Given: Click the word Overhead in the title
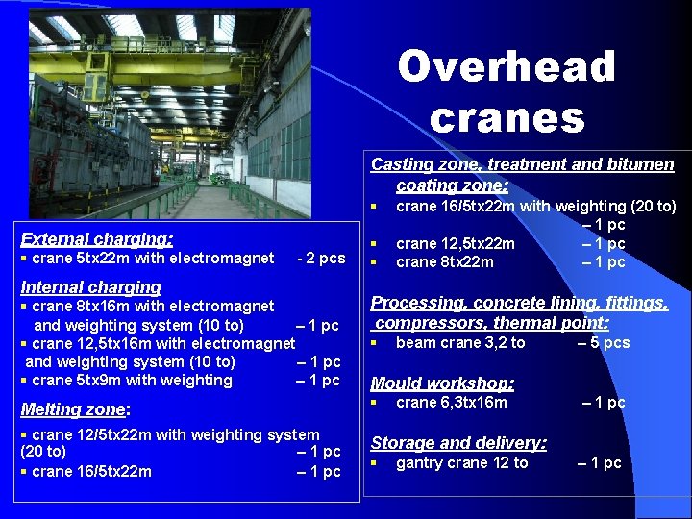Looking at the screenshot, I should (507, 66).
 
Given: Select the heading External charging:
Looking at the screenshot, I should (97, 239).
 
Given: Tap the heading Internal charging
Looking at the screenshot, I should (90, 286).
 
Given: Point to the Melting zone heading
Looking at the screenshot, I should (74, 408).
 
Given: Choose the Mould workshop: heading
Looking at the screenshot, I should (442, 383).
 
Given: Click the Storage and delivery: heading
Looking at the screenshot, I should (458, 443).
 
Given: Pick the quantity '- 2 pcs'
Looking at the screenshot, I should (321, 258).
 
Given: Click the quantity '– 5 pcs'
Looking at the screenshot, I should (604, 342).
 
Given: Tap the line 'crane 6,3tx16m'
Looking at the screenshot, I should (451, 402).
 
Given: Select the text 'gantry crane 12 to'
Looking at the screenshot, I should (461, 462).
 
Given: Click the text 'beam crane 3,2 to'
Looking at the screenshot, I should (460, 342).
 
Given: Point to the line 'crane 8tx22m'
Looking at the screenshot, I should (444, 262).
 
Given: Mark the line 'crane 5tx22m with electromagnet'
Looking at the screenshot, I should (153, 258).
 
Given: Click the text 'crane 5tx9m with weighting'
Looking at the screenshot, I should (132, 380).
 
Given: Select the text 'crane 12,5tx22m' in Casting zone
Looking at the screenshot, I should (455, 244).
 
